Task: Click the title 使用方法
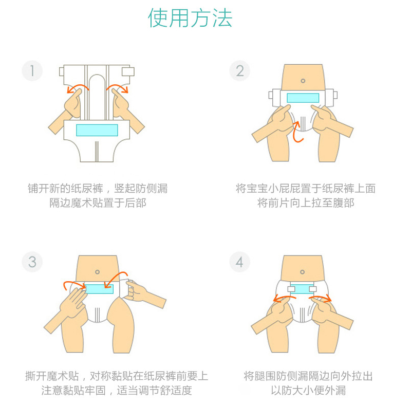pos(191,19)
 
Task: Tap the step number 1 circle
pos(32,70)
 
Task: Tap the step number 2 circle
pos(239,70)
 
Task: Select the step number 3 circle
pos(32,262)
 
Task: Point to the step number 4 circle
pos(239,262)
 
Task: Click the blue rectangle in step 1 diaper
pos(97,130)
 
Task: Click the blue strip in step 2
pos(303,98)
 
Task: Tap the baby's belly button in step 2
pos(303,81)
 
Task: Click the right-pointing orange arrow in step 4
pos(321,297)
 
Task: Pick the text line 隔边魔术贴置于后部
pos(98,203)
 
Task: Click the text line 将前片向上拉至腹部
pos(306,203)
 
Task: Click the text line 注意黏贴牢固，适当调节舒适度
pos(117,391)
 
